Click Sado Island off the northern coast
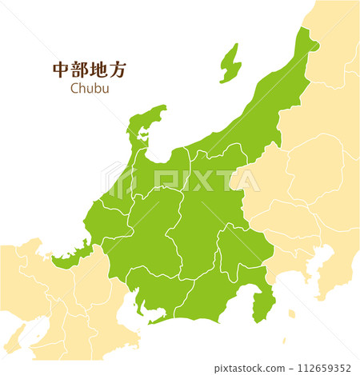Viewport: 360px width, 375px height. pos(230,64)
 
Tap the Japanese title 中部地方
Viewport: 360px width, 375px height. pos(89,70)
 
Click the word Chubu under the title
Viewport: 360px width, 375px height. pos(89,89)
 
